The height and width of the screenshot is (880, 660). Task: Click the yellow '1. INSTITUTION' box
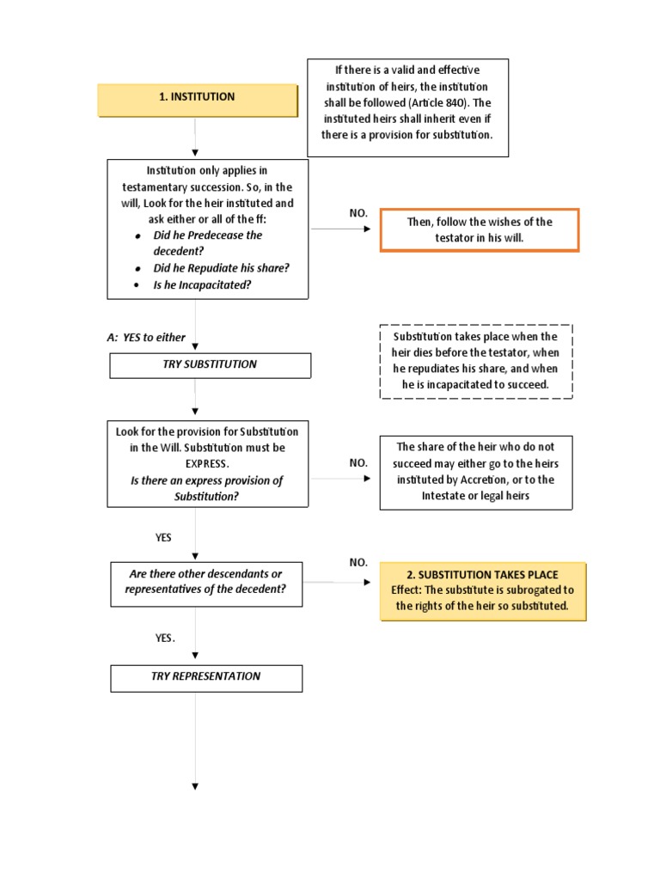[x=197, y=98]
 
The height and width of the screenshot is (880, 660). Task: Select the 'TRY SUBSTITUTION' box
[x=210, y=364]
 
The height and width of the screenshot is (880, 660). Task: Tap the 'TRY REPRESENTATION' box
[x=206, y=677]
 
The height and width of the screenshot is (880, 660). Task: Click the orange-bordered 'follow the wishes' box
[x=480, y=229]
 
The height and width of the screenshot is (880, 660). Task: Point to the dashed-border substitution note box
[x=475, y=361]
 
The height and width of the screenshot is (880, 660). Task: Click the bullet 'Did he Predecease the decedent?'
[x=207, y=243]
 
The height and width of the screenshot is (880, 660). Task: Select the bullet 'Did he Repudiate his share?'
[x=221, y=268]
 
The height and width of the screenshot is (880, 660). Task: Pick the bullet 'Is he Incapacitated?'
[x=202, y=284]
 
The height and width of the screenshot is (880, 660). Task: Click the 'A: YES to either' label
[x=146, y=338]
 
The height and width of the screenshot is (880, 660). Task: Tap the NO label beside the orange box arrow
[x=358, y=212]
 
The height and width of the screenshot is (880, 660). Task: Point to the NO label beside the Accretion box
[x=358, y=463]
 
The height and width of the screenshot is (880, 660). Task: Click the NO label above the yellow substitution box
[x=358, y=563]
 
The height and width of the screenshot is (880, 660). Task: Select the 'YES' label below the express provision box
[x=163, y=538]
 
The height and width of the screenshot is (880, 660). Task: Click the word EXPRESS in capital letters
[x=206, y=464]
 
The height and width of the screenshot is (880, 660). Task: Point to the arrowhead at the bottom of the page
[x=196, y=786]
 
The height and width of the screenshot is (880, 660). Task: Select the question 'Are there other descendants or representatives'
[x=206, y=582]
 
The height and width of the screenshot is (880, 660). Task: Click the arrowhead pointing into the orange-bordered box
[x=369, y=229]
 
